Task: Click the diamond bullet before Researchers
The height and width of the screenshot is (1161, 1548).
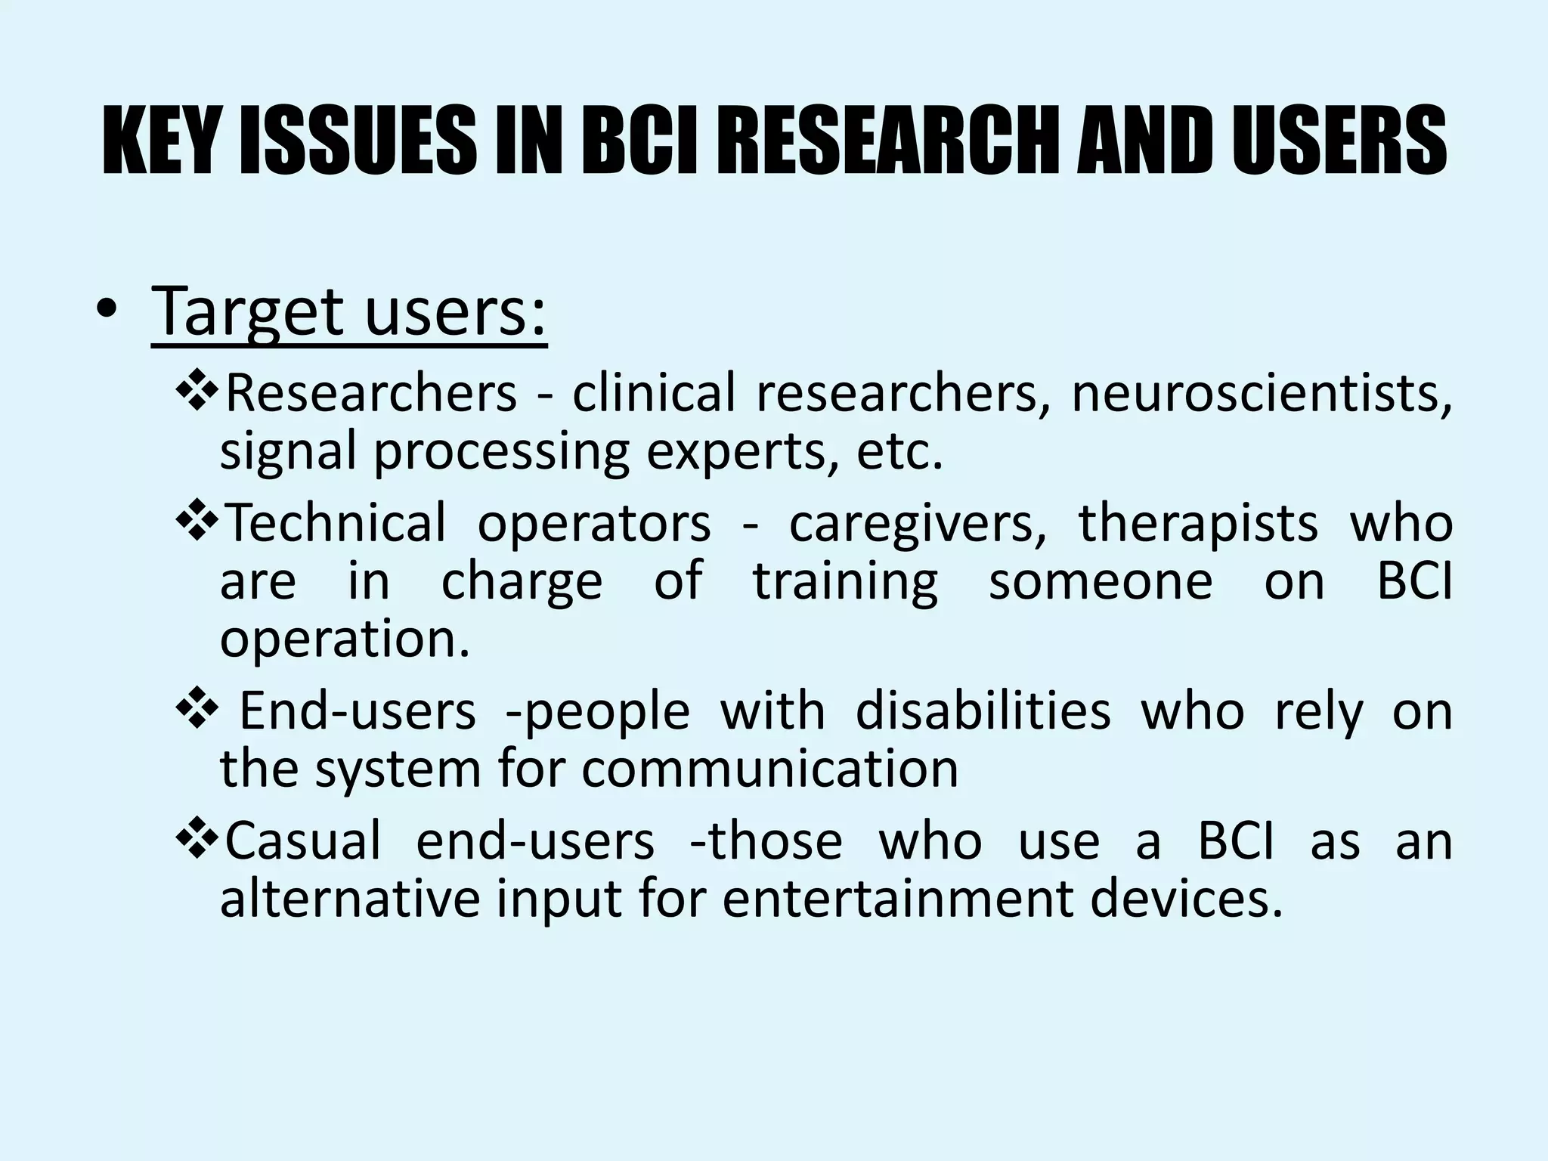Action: coord(198,392)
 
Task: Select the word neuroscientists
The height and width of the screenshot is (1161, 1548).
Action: coord(1262,394)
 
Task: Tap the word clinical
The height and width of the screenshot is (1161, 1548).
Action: coord(653,392)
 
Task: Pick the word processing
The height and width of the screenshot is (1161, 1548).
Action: coord(501,451)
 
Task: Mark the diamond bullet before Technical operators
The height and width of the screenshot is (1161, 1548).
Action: coord(198,522)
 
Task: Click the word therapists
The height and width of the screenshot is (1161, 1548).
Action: coord(1198,522)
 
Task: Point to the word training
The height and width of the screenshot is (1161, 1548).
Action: coord(845,581)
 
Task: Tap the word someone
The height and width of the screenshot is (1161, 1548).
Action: coord(1101,581)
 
